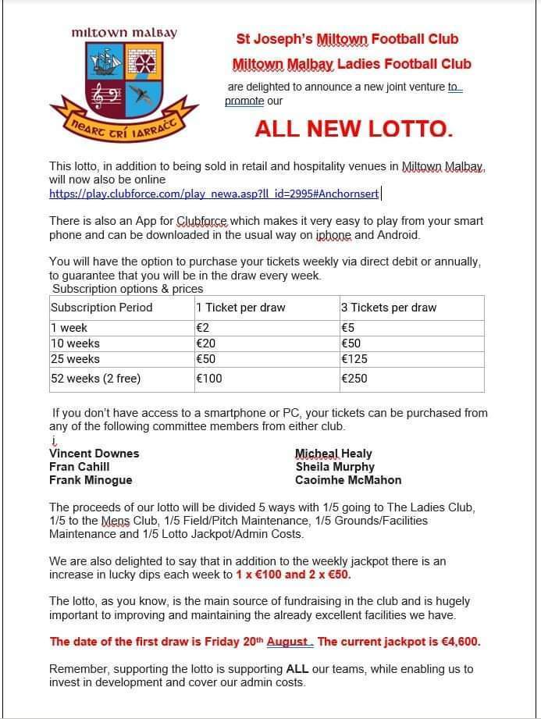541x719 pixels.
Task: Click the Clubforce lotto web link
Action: pyautogui.click(x=214, y=194)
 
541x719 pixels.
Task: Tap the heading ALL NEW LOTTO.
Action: pyautogui.click(x=354, y=130)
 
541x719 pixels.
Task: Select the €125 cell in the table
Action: pyautogui.click(x=354, y=359)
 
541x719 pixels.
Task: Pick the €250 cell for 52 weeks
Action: pyautogui.click(x=354, y=379)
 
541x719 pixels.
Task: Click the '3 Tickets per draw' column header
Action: pyautogui.click(x=389, y=308)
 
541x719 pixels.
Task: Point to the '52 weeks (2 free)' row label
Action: pyautogui.click(x=95, y=379)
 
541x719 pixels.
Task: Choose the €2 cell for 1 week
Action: pyautogui.click(x=201, y=328)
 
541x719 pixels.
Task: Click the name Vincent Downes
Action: pyautogui.click(x=94, y=454)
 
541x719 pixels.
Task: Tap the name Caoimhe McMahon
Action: pyautogui.click(x=348, y=480)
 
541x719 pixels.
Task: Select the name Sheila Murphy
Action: pyautogui.click(x=335, y=467)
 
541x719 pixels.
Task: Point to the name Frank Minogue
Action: pyautogui.click(x=91, y=480)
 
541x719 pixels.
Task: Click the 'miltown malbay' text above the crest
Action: pyautogui.click(x=124, y=33)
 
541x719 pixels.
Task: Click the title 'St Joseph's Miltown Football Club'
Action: pyautogui.click(x=347, y=39)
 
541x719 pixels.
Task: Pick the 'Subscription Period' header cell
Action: pyautogui.click(x=101, y=308)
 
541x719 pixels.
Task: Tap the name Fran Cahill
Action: pyautogui.click(x=80, y=467)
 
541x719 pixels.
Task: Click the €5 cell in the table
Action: pyautogui.click(x=348, y=328)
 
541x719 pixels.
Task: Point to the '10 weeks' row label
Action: pyautogui.click(x=75, y=343)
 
